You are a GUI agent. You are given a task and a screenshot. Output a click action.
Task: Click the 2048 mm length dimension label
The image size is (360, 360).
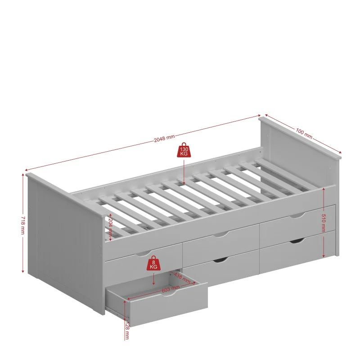point(164,138)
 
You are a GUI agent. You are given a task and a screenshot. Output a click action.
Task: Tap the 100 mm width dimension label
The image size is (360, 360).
point(304,133)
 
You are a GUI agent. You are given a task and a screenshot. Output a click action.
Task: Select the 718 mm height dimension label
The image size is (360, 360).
point(23,225)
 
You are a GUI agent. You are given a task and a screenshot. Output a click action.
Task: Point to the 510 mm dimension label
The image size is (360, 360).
point(324,223)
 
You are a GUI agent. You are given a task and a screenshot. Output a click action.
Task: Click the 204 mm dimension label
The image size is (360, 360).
point(110,227)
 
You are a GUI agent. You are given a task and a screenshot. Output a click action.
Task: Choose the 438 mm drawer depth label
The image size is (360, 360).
point(182,277)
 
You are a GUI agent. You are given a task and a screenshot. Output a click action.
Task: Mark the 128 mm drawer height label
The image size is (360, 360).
point(127,331)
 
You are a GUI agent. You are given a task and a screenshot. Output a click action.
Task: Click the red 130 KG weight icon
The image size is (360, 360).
point(184,150)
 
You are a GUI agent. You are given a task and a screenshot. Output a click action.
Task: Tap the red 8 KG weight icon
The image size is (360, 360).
point(153,263)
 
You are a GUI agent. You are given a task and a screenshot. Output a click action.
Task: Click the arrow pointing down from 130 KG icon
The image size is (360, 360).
point(184,171)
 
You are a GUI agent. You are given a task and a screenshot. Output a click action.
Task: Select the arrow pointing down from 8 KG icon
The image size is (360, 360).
point(153,279)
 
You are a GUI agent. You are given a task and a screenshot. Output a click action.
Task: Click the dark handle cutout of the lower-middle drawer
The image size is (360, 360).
point(220,260)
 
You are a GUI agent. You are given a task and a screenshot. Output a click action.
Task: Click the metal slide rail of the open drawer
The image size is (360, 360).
point(117,312)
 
